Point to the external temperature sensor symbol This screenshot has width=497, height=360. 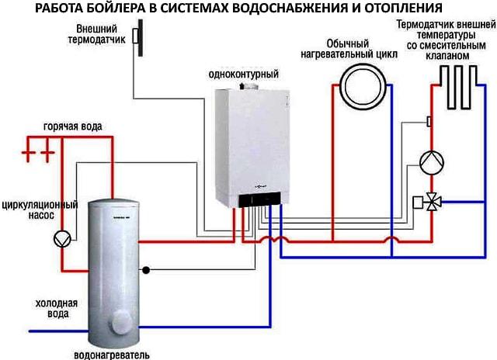pos(136,37)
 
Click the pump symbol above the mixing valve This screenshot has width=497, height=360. pos(431,162)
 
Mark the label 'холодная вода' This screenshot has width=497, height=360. pos(51,309)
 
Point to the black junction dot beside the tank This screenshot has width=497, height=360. pos(144,271)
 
